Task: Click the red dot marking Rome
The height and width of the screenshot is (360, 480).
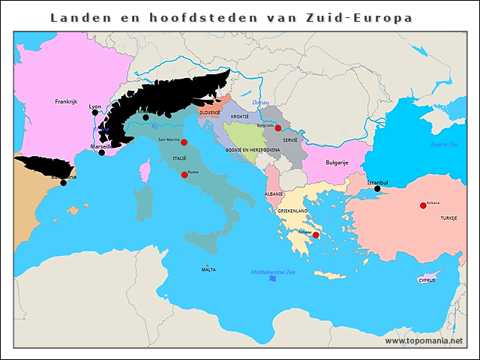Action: [x=184, y=175]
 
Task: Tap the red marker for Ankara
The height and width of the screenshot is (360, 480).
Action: [x=423, y=205]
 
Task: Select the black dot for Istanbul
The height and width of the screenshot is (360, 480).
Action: [x=377, y=189]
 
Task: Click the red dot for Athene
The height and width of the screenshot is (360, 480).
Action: [x=316, y=235]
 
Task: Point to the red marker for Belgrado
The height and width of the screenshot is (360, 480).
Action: [x=277, y=128]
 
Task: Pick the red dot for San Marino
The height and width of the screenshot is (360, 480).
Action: [x=184, y=142]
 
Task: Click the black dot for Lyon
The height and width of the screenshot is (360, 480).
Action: [x=94, y=113]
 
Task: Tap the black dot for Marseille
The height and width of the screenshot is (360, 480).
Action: [x=102, y=153]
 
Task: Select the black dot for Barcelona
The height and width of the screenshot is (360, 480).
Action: [x=63, y=182]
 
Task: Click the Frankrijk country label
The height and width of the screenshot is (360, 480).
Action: [x=66, y=101]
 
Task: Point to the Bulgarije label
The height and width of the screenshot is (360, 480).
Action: [x=337, y=162]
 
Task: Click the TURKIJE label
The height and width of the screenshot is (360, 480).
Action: [x=448, y=217]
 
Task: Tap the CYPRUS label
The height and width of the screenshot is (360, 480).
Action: [x=426, y=280]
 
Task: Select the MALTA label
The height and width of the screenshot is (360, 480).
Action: [x=208, y=268]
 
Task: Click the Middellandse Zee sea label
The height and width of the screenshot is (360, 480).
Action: [x=274, y=271]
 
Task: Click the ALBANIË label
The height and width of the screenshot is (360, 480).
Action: [x=274, y=193]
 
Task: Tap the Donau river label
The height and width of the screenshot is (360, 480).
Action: [x=260, y=102]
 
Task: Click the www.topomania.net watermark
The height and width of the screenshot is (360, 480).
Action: [x=424, y=340]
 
